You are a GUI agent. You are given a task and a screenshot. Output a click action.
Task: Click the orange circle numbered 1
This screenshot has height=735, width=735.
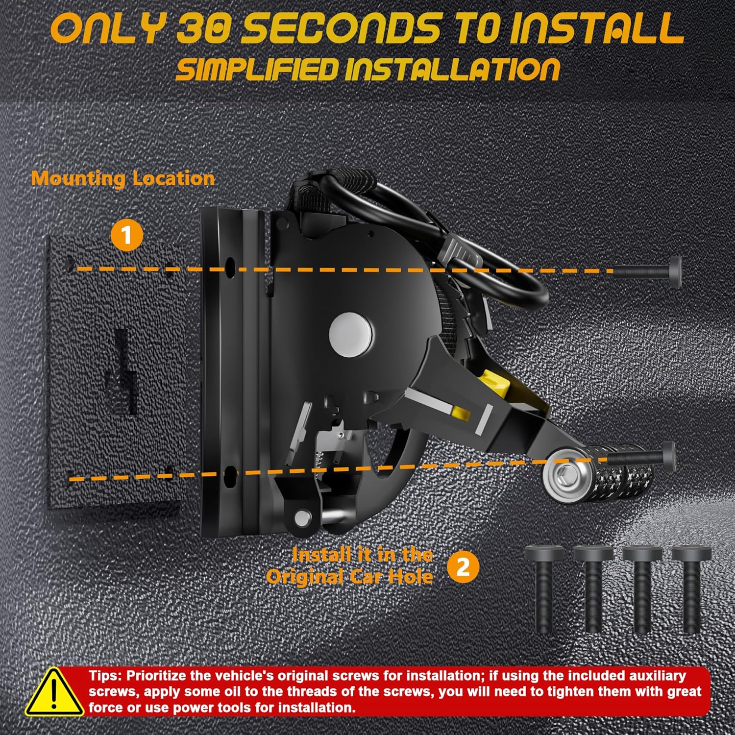point(127,236)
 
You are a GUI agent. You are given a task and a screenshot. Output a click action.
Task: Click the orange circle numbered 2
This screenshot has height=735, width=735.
point(463,567)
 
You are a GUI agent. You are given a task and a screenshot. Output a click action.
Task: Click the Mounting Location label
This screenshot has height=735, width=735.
point(122,178)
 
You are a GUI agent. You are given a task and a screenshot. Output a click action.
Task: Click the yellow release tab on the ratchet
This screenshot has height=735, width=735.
point(495,383)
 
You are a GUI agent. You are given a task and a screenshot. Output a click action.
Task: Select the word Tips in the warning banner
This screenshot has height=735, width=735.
point(104,676)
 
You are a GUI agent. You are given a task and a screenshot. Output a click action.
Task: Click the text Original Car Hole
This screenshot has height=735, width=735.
point(349,576)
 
